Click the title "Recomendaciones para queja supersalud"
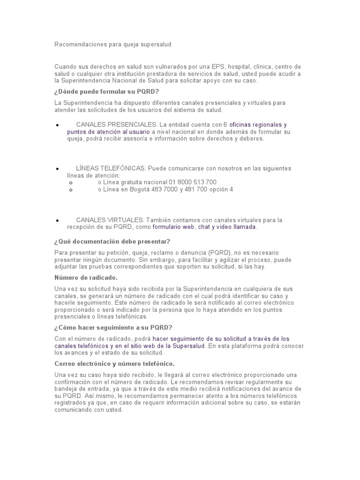point(113,45)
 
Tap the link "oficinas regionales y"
point(258,125)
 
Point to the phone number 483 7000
point(166,189)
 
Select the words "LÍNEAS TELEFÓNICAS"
point(111,168)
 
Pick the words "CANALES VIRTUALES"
point(110,220)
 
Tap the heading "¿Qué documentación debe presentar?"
point(112,241)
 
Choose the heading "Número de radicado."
point(86,277)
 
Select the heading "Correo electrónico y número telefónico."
point(115,364)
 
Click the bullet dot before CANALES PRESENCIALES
point(57,126)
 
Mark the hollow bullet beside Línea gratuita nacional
point(70,183)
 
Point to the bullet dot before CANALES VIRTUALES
point(57,221)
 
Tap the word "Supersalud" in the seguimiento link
point(188,346)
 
